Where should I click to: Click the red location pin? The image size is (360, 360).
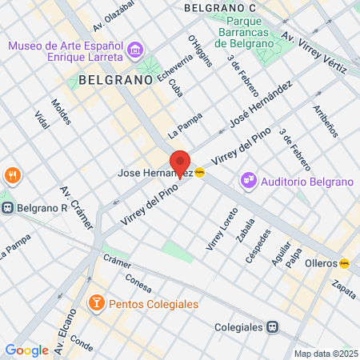180,162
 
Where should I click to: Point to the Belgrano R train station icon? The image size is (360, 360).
7,208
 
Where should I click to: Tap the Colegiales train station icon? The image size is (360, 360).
273,327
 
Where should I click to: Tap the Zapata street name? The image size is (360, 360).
346,289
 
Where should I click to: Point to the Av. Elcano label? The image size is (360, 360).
64,337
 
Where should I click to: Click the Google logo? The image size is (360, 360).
26,350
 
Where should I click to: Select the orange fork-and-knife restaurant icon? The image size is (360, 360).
12,174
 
